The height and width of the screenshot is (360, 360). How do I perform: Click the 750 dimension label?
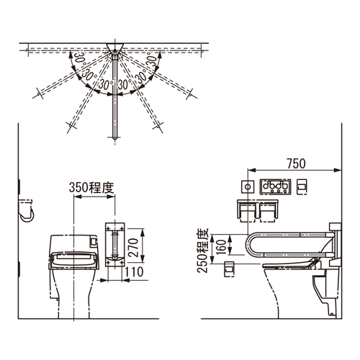[297, 163]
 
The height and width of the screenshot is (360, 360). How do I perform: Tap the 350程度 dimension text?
[91, 187]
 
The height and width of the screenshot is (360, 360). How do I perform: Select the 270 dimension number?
[133, 248]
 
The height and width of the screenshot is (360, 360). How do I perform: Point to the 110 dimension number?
[134, 272]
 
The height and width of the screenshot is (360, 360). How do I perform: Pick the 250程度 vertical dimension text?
[202, 251]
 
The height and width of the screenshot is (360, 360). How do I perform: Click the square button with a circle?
[248, 186]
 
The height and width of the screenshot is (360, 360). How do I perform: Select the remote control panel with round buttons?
[275, 186]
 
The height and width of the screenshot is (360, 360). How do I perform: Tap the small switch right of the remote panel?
[302, 186]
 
